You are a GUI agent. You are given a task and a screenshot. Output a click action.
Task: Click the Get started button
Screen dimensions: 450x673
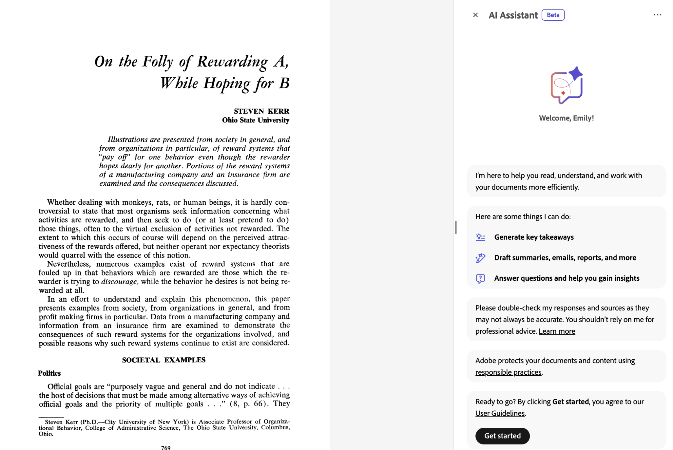[x=502, y=436]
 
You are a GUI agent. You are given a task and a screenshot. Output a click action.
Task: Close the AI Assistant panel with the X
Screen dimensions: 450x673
[x=475, y=15]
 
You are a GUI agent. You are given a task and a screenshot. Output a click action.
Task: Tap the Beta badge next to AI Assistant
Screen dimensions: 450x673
[x=553, y=15]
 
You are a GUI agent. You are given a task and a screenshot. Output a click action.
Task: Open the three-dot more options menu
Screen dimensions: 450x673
[x=657, y=15]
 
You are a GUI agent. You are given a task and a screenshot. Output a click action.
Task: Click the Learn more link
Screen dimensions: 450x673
[x=557, y=331]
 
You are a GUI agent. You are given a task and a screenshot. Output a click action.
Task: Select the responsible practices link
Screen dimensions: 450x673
[x=508, y=372]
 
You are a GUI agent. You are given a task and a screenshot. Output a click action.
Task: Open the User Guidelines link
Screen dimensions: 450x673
[x=500, y=413]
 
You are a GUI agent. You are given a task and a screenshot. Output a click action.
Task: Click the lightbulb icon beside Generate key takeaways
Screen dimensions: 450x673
[x=480, y=237]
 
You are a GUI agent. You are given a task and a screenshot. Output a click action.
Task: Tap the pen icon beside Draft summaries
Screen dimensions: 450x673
[x=480, y=258]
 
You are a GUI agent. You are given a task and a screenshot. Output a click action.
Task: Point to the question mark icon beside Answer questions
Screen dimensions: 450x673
[x=480, y=278]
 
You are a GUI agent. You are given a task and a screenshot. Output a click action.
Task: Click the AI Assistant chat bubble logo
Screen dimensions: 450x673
[x=567, y=85]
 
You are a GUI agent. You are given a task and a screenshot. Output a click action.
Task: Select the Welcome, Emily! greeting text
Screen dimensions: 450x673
[x=567, y=118]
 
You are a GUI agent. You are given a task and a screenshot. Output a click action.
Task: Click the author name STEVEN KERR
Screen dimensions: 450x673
[x=261, y=111]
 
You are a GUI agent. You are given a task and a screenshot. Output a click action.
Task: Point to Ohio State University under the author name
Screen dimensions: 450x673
[x=256, y=120]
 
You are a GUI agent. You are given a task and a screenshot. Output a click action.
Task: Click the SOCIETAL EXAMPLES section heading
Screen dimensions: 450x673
[x=164, y=360]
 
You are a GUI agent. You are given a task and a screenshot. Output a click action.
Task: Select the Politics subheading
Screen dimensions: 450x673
[x=49, y=373]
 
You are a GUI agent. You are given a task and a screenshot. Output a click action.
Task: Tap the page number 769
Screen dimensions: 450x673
[x=166, y=447]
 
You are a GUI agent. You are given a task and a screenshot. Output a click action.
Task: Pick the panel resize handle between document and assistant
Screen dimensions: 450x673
[x=455, y=227]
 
